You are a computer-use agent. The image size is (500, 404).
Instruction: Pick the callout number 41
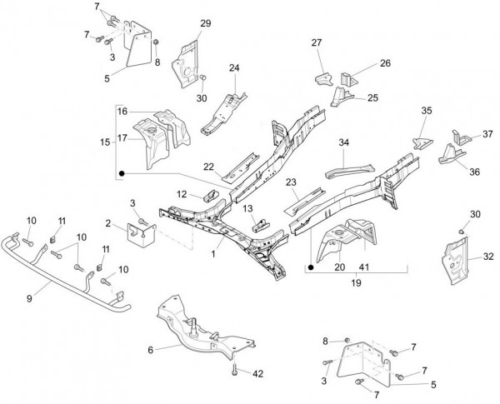pos(362,267)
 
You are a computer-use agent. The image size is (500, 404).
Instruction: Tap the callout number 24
pos(234,67)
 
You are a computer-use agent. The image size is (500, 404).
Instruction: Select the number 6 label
pos(150,350)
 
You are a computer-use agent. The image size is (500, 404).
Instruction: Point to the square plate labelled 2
pos(138,232)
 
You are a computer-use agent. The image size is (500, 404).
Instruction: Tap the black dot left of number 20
pos(312,267)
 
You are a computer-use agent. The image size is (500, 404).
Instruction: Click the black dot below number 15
pos(122,174)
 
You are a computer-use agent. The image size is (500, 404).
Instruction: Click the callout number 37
pos(487,132)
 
